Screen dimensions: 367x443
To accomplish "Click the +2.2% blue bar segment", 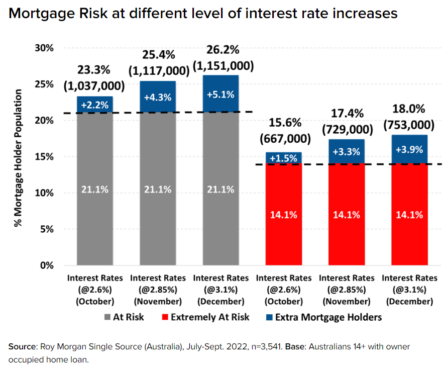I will [94, 105].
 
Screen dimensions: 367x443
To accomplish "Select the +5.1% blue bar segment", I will [220, 94].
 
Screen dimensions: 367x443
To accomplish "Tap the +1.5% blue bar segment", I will [284, 158].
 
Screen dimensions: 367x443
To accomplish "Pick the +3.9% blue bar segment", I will [409, 149].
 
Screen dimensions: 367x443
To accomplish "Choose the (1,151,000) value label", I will [220, 66].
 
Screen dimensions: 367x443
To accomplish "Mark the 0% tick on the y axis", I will [46, 265].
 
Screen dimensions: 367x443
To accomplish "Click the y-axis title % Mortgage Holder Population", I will [19, 158].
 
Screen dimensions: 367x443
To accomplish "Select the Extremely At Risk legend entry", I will [207, 317].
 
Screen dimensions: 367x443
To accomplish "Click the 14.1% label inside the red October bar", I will [284, 215].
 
